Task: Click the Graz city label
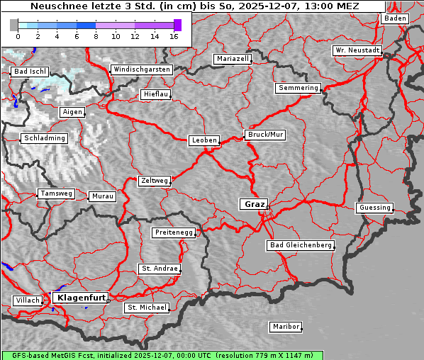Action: point(254,204)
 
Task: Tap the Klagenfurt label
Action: point(81,298)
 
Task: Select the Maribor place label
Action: point(286,327)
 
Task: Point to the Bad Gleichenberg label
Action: point(300,245)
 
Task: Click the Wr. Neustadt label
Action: point(357,51)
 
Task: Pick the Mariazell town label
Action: point(233,59)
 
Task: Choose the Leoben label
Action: point(204,140)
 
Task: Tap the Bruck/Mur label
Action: point(264,134)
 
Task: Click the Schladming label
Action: point(44,138)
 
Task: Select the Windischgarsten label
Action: point(142,69)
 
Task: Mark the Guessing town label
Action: point(374,208)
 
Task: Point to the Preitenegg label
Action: point(173,232)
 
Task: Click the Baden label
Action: point(395,18)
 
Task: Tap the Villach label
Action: point(27,300)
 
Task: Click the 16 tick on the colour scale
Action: point(174,36)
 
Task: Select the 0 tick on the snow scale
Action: point(18,36)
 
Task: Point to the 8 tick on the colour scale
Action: point(96,36)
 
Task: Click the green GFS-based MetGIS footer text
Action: point(162,355)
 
